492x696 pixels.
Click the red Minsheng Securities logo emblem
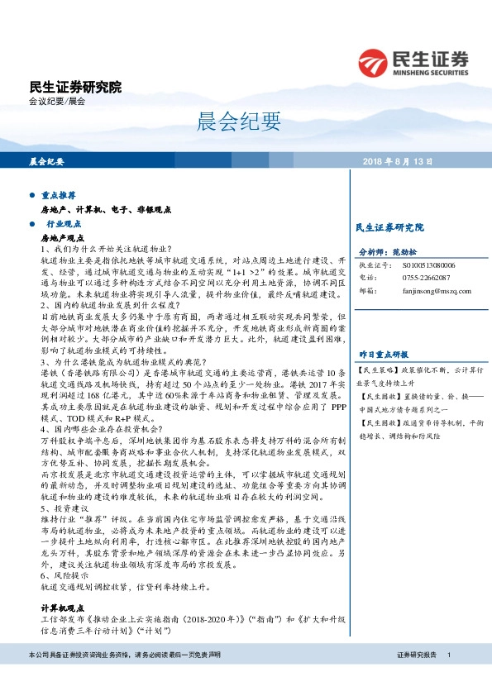375,60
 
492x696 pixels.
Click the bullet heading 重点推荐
59,196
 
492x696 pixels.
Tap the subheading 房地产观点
62,237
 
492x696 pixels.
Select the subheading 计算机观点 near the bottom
62,606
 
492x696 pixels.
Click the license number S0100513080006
429,266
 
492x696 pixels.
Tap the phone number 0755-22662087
427,279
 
